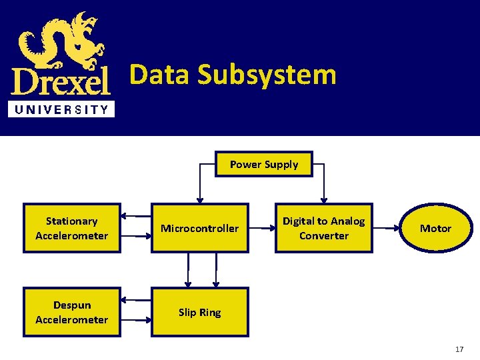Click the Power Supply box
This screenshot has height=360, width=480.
click(x=264, y=164)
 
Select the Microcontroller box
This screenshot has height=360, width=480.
click(x=200, y=228)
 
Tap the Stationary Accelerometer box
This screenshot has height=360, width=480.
click(x=72, y=228)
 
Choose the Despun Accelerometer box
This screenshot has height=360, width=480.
click(x=72, y=312)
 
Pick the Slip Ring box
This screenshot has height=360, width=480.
click(x=200, y=312)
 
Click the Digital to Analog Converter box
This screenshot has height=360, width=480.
click(x=324, y=228)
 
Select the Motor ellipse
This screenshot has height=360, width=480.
click(x=435, y=228)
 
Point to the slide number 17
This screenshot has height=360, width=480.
click(x=459, y=349)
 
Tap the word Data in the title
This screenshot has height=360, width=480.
click(x=158, y=74)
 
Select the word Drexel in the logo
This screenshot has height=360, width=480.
click(x=61, y=82)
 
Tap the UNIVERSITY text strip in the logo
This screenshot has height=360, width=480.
click(x=61, y=109)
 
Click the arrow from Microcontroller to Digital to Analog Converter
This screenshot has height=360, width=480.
click(x=261, y=228)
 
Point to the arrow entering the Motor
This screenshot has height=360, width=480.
click(x=387, y=228)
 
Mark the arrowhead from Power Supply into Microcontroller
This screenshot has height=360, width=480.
click(x=199, y=199)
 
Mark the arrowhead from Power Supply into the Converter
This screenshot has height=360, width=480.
click(x=324, y=199)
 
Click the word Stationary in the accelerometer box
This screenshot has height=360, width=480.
click(x=72, y=221)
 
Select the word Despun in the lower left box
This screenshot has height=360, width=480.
click(x=72, y=305)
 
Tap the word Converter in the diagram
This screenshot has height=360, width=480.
click(x=324, y=235)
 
